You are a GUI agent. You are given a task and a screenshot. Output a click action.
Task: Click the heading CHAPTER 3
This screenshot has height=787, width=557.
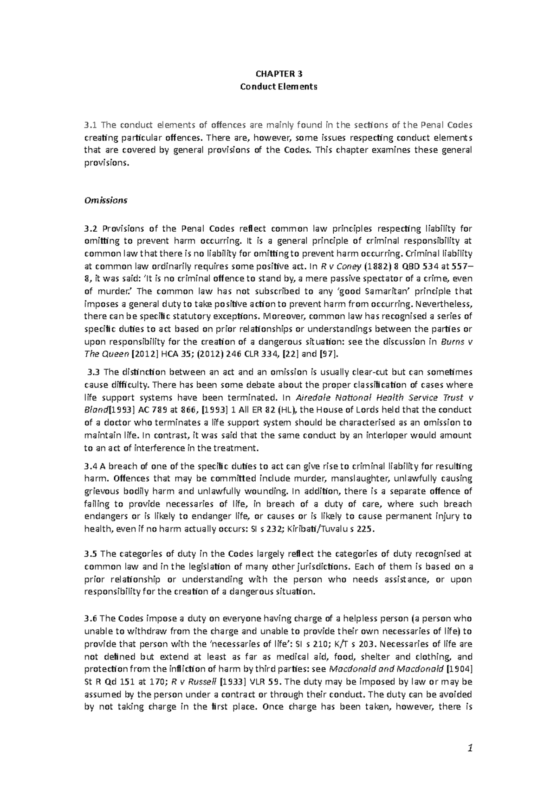(x=278, y=74)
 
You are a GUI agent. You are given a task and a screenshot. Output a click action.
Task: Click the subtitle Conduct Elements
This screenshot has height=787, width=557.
(x=278, y=87)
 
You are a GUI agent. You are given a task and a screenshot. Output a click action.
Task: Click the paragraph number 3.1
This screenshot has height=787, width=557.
(x=90, y=125)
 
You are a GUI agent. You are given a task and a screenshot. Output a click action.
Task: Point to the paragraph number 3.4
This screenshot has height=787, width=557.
(x=90, y=466)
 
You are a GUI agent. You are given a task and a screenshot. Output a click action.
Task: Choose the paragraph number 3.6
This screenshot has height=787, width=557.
(x=90, y=618)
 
